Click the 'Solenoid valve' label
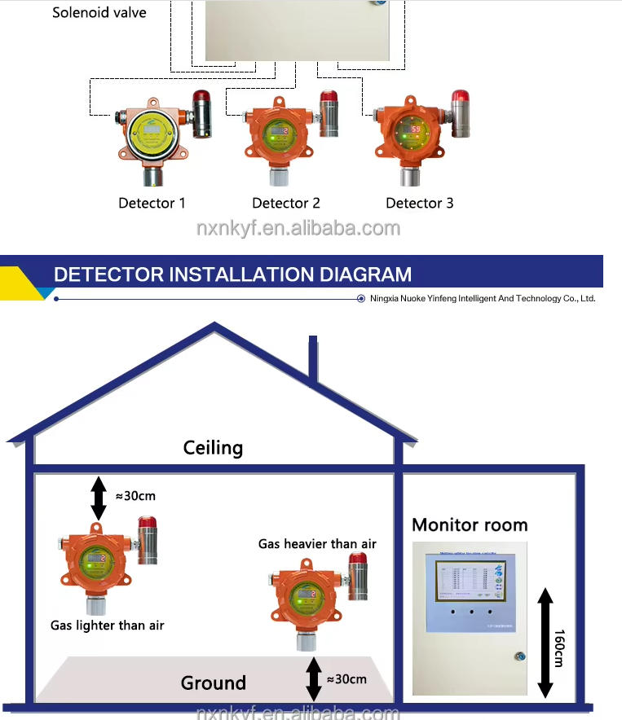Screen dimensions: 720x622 coord(99,12)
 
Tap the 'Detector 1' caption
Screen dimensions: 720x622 coord(152,203)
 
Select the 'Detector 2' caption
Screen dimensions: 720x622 coord(286,203)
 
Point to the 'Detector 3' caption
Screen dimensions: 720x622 coord(420,203)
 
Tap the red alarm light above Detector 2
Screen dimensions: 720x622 coord(329,99)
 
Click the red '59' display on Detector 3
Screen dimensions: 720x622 coord(414,129)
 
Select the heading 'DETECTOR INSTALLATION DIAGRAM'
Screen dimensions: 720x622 coord(232,274)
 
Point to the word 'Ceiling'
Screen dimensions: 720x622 coord(213,447)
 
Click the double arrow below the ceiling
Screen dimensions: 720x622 coord(99,498)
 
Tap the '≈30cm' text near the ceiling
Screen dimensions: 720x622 coord(135,495)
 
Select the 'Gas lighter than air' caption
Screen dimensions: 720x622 coord(108,625)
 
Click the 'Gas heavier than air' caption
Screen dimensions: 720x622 coord(317,543)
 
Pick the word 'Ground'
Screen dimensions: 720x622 coord(214,683)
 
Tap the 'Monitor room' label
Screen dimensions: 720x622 coord(470,525)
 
